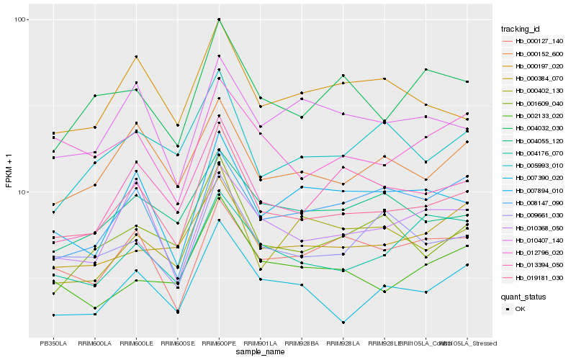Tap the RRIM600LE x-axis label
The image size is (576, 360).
tap(136, 343)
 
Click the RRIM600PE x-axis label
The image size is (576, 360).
tap(219, 343)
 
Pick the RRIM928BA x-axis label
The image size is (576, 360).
tap(302, 343)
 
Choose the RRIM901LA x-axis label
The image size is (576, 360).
tap(260, 343)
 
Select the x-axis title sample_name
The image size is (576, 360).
tap(260, 353)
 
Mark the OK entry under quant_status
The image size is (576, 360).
tap(519, 309)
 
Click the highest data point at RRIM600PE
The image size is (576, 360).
tap(219, 19)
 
